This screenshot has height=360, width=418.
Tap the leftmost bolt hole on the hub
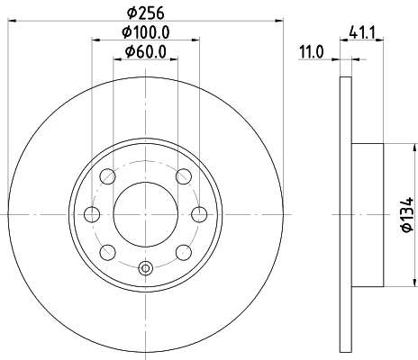pos(92,214)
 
